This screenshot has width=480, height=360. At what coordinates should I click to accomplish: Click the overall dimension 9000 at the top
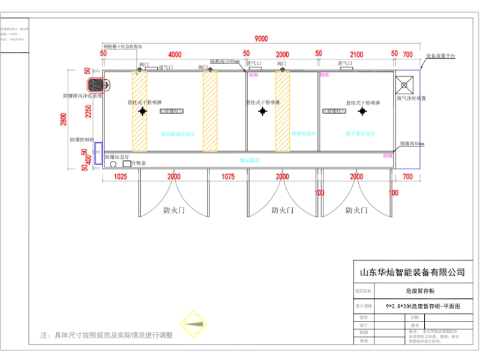[261, 39]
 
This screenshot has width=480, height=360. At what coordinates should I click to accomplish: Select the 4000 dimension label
[175, 55]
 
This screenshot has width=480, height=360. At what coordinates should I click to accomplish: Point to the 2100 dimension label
[356, 55]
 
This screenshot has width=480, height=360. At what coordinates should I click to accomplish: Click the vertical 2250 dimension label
[88, 109]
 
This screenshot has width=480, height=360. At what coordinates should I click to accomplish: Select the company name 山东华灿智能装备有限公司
[412, 272]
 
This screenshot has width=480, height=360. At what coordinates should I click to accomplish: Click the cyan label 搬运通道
[249, 160]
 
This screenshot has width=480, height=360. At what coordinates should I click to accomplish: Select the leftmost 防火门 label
[174, 211]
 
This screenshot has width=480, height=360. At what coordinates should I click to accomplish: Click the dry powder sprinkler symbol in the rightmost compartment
[362, 112]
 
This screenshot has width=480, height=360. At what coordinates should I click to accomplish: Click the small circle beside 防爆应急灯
[112, 163]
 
